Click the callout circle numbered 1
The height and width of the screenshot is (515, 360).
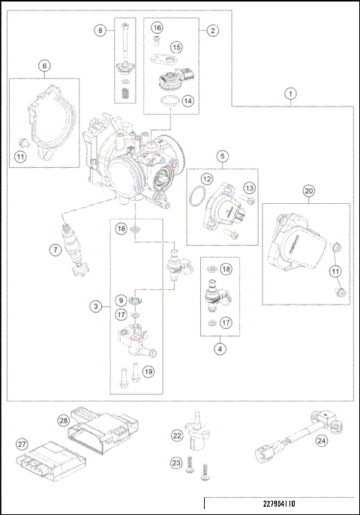click(291, 94)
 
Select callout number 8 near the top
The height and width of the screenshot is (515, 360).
click(100, 30)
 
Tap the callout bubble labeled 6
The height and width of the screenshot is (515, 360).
click(44, 66)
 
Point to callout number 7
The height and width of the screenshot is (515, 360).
click(55, 250)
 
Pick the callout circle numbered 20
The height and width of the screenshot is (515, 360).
click(308, 191)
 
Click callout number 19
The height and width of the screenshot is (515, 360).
click(148, 370)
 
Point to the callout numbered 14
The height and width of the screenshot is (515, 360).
click(187, 100)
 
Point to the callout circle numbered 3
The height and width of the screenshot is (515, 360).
click(96, 306)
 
